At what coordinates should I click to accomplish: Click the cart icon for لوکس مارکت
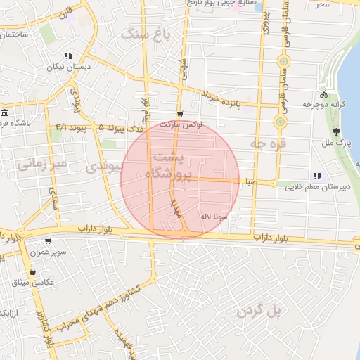tap(180, 115)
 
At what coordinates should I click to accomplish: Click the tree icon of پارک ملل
tap(336, 131)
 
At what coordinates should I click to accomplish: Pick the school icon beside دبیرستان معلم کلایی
tap(317, 176)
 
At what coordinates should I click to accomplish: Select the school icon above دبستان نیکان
tap(67, 56)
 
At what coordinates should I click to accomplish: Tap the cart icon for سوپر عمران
tap(48, 241)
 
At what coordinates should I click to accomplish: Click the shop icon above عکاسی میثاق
tap(32, 271)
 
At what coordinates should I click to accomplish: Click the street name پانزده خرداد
tap(221, 99)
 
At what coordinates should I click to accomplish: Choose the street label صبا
tap(251, 181)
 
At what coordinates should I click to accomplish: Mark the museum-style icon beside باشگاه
tap(5, 113)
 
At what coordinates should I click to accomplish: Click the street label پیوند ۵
tap(91, 129)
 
